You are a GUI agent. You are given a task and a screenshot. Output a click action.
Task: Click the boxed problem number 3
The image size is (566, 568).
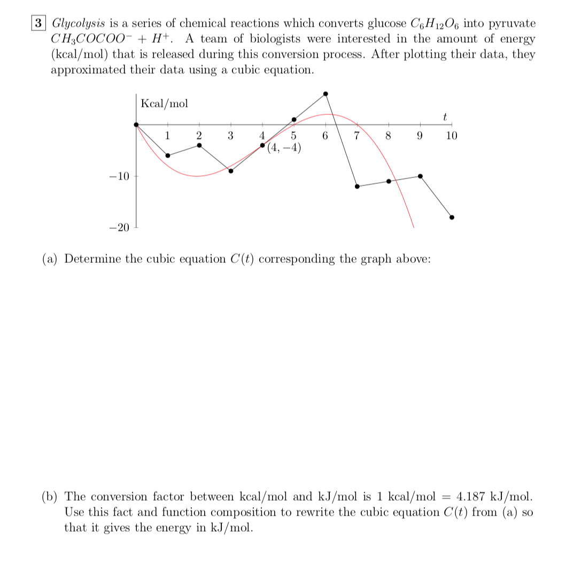click(38, 24)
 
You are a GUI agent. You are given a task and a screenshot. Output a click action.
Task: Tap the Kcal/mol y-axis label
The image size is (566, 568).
click(164, 104)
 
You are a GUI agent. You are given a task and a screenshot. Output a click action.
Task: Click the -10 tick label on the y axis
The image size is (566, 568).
click(120, 176)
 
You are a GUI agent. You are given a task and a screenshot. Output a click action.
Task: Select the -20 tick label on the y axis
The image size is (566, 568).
click(120, 228)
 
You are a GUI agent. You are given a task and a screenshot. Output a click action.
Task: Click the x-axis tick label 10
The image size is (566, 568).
click(452, 136)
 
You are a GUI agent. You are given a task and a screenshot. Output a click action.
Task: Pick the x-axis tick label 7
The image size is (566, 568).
click(357, 136)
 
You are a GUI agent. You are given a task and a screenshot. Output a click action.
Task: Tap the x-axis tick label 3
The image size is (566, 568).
click(231, 136)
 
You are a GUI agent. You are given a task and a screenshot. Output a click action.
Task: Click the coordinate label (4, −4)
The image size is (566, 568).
click(284, 148)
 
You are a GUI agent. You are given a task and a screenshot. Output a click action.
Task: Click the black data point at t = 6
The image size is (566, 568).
click(325, 94)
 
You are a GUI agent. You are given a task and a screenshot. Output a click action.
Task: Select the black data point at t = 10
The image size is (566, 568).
click(452, 217)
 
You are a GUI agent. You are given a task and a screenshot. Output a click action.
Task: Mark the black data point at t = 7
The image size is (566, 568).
click(357, 186)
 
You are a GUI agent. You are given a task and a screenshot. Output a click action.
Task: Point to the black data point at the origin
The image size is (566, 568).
click(137, 125)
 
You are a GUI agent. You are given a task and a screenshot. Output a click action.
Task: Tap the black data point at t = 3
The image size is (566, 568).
click(231, 171)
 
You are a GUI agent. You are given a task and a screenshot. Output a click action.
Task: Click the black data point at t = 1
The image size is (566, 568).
click(168, 155)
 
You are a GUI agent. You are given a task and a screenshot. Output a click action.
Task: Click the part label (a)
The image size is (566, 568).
click(51, 259)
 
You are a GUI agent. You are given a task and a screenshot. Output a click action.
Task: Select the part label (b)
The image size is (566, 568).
click(51, 497)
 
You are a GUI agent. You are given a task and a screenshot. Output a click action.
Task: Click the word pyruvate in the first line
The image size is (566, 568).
click(513, 24)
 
